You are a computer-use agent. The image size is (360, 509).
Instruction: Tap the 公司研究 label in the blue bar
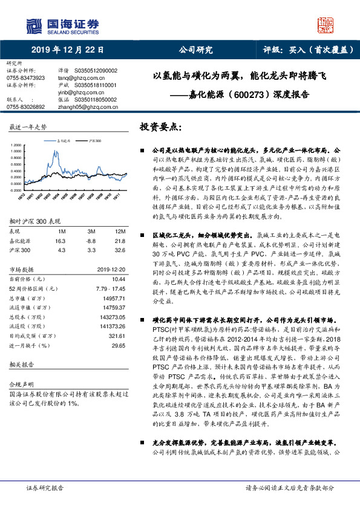[x=196, y=50]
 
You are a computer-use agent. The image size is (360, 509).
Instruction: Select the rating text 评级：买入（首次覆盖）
[x=308, y=50]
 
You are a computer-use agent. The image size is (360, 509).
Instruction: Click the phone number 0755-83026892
[x=25, y=106]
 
